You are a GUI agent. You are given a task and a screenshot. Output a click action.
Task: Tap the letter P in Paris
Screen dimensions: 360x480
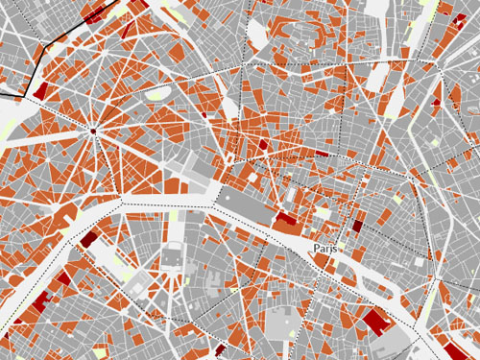[317, 248]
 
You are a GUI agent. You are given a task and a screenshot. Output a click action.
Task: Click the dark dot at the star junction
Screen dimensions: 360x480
[94, 130]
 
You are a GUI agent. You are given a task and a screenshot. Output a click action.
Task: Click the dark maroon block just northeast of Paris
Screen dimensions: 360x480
[358, 227]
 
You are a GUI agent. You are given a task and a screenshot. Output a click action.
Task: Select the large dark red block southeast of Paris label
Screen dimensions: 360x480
[374, 321]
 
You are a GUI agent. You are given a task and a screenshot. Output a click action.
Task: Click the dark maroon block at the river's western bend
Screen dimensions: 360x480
[88, 239]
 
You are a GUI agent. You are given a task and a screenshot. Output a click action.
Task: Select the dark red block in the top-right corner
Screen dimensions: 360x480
[444, 11]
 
